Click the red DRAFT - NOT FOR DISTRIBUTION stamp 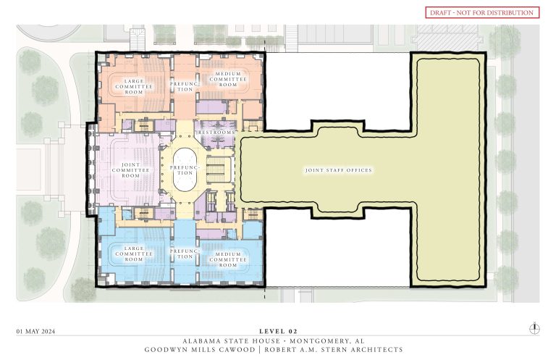point(482,12)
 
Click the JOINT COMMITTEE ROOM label point(130,170)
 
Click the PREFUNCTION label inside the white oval point(186,170)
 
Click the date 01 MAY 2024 point(36,331)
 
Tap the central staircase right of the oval point(217,171)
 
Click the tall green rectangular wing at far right point(445,170)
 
